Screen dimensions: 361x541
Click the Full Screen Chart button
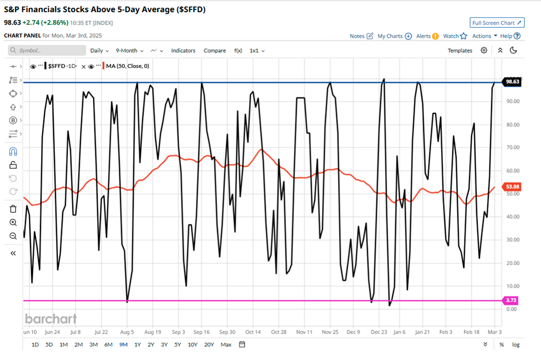(x=497, y=23)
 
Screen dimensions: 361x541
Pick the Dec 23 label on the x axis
(x=380, y=332)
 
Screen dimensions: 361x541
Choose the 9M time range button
(x=124, y=344)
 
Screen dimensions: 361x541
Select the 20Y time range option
(x=209, y=344)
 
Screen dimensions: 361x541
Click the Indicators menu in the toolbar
(x=183, y=51)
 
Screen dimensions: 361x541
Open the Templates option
(x=459, y=51)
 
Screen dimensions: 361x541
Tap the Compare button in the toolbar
(x=214, y=51)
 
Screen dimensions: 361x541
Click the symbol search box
(x=48, y=51)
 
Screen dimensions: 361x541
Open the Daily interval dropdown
(x=99, y=51)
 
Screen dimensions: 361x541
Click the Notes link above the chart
(x=361, y=36)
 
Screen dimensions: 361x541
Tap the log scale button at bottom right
(x=515, y=344)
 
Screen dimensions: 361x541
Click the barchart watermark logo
(x=50, y=319)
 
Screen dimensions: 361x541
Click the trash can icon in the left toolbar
(x=13, y=209)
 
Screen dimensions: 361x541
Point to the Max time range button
(x=226, y=344)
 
